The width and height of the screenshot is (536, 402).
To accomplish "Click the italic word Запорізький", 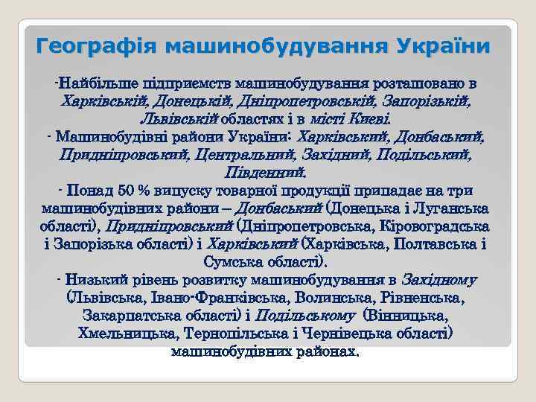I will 422,100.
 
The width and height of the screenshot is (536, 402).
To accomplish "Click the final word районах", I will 326,351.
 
